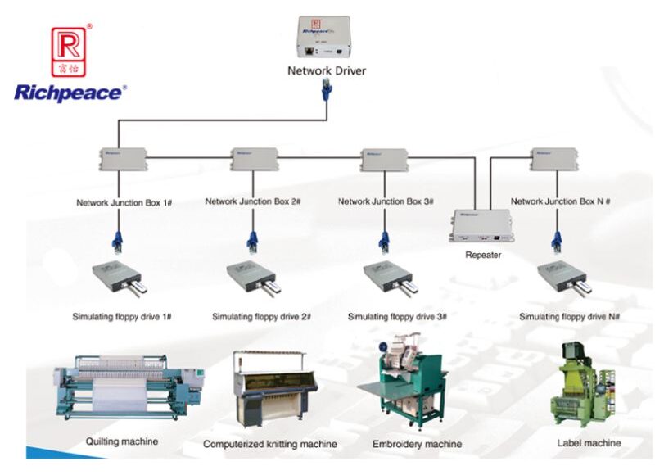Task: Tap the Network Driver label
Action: click(327, 70)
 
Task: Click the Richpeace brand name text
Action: click(70, 92)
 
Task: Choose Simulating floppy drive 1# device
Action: click(119, 279)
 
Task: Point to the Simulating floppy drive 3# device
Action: click(391, 279)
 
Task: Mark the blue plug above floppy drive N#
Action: click(558, 243)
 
